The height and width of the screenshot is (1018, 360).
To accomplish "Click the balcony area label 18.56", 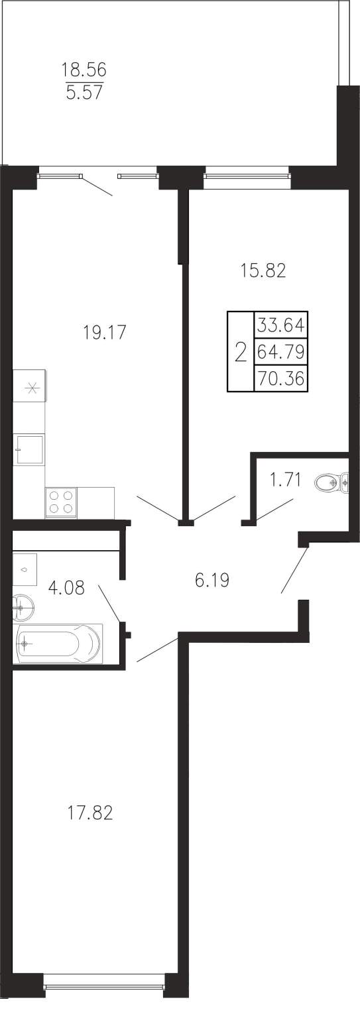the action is pos(84,70).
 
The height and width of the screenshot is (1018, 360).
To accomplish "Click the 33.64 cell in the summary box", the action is pos(281,325).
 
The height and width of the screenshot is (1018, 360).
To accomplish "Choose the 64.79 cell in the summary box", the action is pos(281,351).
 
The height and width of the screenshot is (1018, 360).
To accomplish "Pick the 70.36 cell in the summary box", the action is pos(281,378).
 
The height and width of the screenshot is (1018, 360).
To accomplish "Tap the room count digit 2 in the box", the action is pos(241,352).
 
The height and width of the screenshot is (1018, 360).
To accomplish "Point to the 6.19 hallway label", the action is pos(211,580).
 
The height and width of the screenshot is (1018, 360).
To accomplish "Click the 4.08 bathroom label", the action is pos(67,588).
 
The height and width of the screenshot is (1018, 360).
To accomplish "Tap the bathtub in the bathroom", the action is pos(58,644).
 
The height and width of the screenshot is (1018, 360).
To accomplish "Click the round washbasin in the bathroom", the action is pos(24,607).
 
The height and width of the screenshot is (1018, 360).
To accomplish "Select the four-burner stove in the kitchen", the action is pos(61,502).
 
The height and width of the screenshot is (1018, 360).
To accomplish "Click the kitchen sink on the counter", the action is pos(30,449).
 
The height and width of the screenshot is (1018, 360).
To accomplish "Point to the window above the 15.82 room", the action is pos(247,173).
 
